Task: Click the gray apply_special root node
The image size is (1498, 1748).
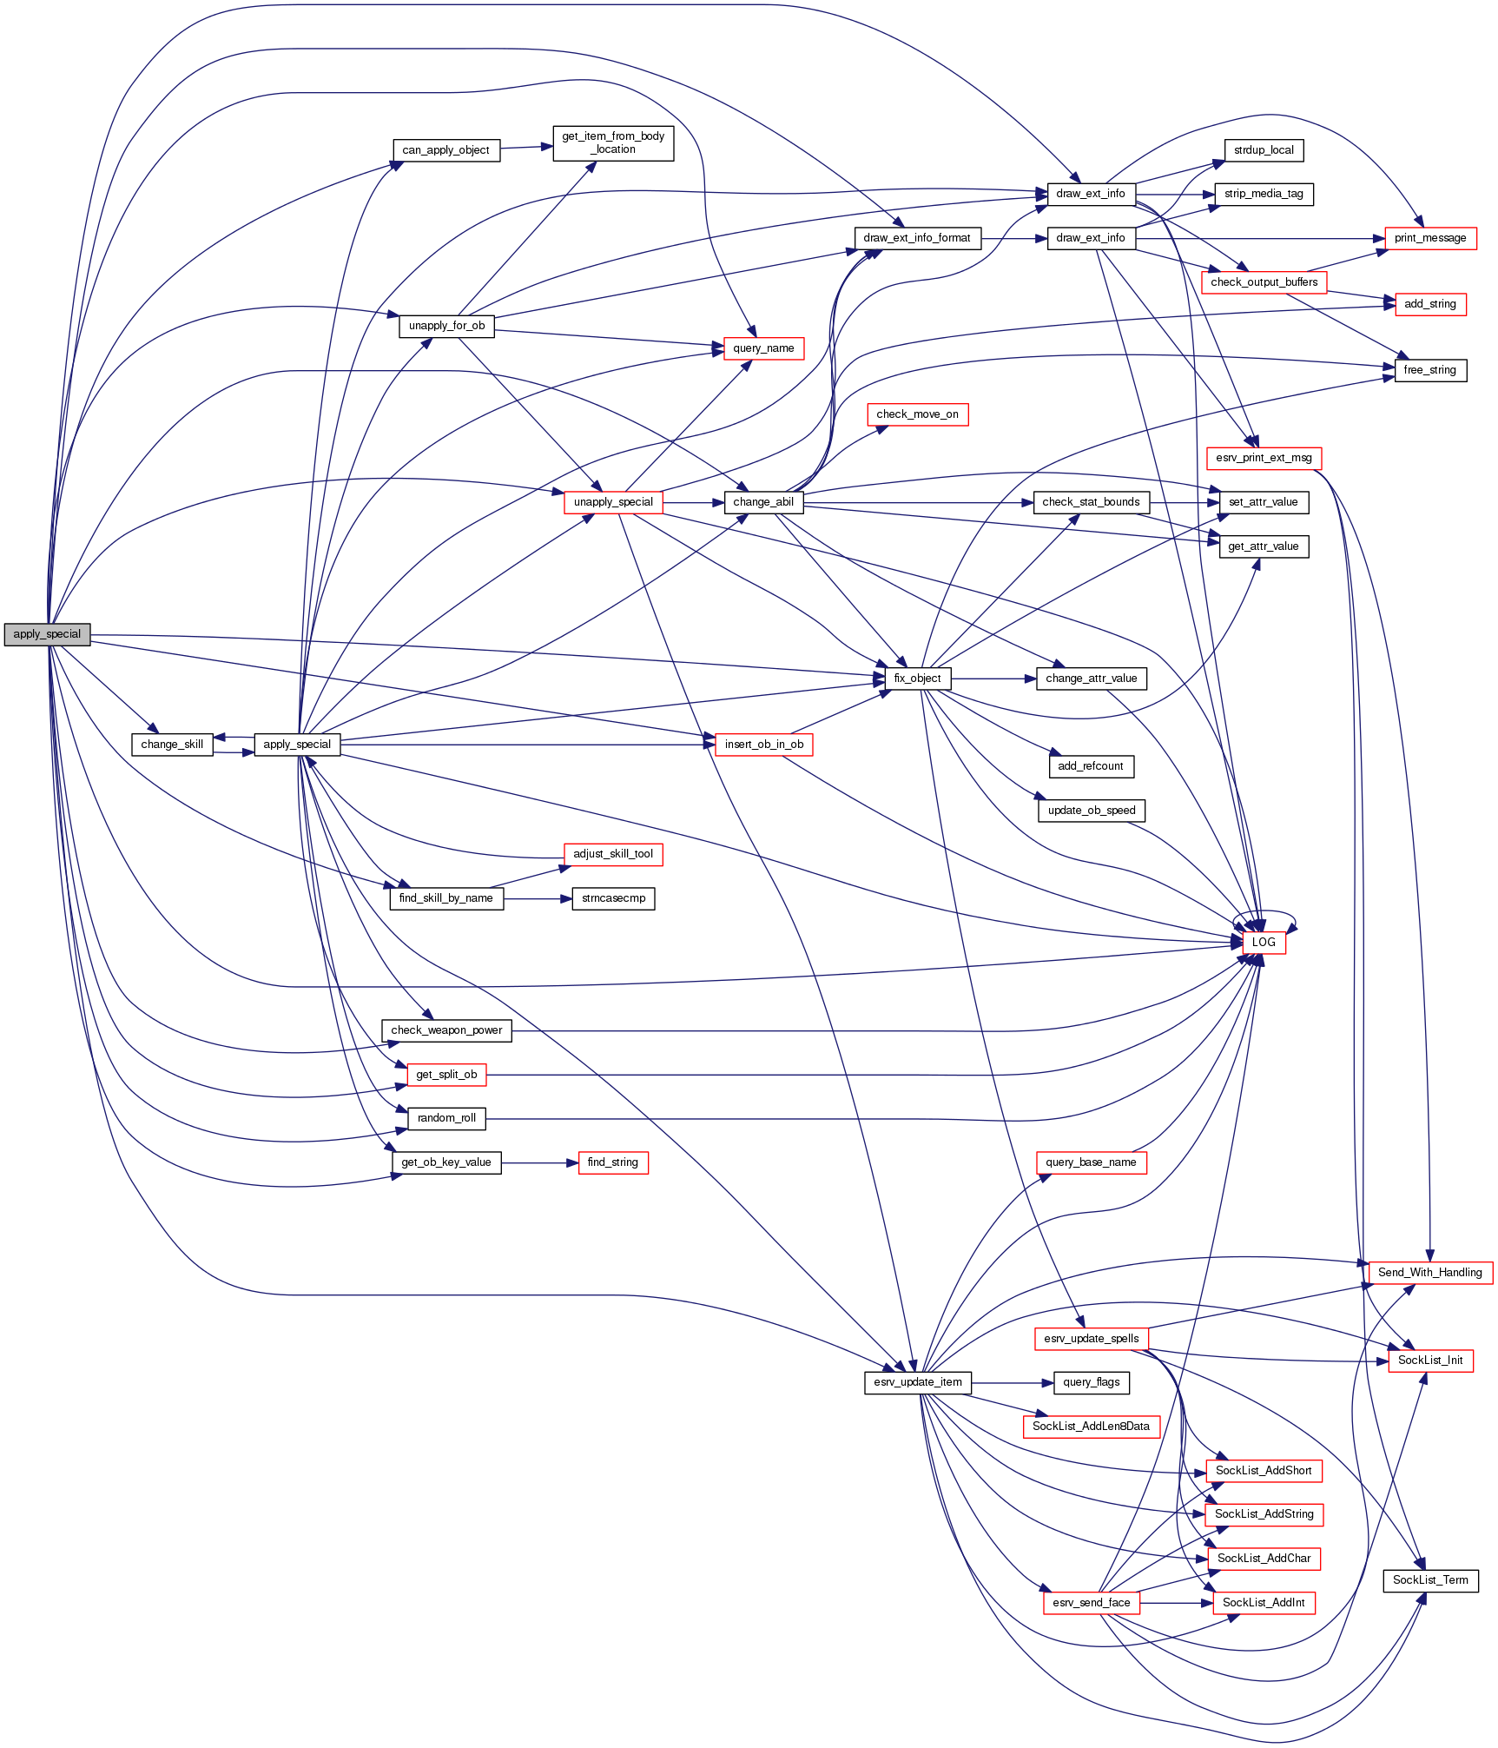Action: pyautogui.click(x=47, y=634)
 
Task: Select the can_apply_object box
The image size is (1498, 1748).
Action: pyautogui.click(x=445, y=150)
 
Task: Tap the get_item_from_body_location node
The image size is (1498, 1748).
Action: pyautogui.click(x=613, y=142)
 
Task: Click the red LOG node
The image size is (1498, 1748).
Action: pyautogui.click(x=1264, y=943)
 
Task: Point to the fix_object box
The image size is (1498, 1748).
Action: pyautogui.click(x=917, y=679)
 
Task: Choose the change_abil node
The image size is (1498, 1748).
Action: pyautogui.click(x=763, y=502)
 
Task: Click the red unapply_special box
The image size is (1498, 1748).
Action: pyautogui.click(x=613, y=502)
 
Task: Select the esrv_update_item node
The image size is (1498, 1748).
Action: pyautogui.click(x=918, y=1382)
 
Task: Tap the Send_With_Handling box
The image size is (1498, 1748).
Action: pyautogui.click(x=1429, y=1273)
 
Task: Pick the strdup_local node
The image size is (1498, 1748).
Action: pyautogui.click(x=1264, y=150)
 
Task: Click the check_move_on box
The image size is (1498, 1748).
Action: pyautogui.click(x=917, y=414)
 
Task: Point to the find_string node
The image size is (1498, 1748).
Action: pyautogui.click(x=613, y=1162)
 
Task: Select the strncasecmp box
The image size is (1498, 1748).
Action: pyautogui.click(x=613, y=898)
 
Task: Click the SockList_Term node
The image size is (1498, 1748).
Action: pyautogui.click(x=1430, y=1580)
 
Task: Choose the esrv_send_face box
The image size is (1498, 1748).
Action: pyautogui.click(x=1092, y=1603)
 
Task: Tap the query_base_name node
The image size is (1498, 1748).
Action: pyautogui.click(x=1091, y=1162)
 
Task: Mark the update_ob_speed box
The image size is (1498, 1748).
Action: pyautogui.click(x=1092, y=811)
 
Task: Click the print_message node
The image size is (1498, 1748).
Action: pyautogui.click(x=1430, y=238)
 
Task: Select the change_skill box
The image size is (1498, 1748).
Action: pyautogui.click(x=172, y=745)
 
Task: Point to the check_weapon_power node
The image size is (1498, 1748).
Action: pyautogui.click(x=446, y=1030)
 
